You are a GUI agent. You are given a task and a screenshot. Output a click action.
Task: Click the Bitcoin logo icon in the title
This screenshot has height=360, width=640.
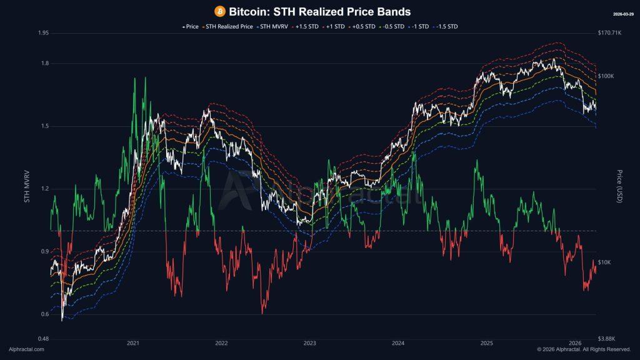coord(220,11)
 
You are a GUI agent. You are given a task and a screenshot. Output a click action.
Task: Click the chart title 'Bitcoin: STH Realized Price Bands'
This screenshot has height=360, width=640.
coord(319,11)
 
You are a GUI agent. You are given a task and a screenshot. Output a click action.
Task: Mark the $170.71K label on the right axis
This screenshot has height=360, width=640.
coord(609,32)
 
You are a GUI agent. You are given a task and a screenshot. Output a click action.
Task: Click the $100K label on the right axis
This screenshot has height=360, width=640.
coord(606,76)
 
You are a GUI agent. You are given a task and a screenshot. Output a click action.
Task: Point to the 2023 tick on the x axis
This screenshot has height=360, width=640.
coord(309,343)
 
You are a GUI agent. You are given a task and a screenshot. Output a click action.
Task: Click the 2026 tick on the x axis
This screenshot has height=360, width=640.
coord(576,343)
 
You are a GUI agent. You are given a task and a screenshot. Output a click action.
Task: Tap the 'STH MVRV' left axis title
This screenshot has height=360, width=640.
coord(27,186)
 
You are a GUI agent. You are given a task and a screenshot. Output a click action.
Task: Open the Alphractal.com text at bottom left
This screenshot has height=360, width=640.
coord(26,349)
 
